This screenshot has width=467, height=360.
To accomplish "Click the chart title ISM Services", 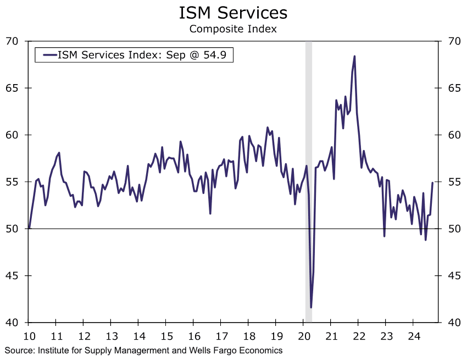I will (x=233, y=12).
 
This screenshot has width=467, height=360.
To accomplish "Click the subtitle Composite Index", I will (x=233, y=29).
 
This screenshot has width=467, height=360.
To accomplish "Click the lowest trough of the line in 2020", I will (x=311, y=307).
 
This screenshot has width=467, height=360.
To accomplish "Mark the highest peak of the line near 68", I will (x=354, y=56).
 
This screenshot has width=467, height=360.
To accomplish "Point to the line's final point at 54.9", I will (x=432, y=183).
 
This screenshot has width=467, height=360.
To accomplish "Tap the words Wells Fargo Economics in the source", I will (x=240, y=350).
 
